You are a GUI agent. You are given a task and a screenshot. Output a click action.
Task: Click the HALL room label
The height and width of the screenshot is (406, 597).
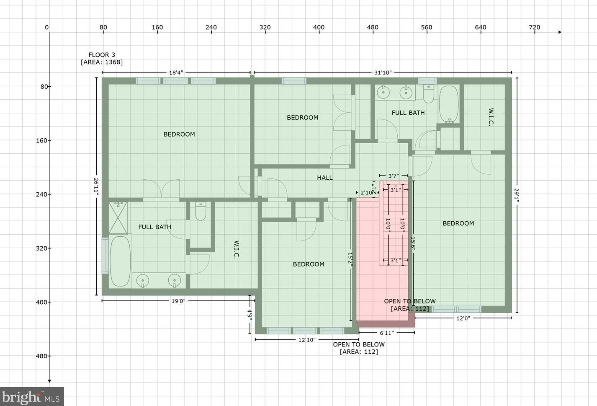324,178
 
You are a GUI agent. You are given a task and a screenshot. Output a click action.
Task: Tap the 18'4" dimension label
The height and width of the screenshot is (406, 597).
176,72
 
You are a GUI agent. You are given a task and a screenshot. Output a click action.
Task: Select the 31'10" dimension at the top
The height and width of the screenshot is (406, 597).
383,72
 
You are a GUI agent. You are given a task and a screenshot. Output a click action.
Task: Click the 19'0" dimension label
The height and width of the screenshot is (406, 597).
178,301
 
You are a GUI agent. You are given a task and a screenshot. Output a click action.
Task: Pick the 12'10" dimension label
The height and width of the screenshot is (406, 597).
307,340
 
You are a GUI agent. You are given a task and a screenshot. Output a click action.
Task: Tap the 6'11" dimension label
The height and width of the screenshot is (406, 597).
386,333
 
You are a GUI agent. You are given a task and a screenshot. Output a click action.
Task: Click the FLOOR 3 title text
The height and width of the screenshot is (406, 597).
102,55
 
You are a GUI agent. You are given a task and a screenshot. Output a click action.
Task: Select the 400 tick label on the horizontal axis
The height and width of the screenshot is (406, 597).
319,27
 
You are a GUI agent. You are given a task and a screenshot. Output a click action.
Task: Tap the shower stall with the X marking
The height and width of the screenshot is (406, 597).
118,218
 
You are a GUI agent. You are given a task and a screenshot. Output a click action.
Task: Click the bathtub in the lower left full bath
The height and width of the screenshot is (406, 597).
121,261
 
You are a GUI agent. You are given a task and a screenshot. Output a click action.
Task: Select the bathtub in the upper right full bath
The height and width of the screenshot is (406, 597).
449,104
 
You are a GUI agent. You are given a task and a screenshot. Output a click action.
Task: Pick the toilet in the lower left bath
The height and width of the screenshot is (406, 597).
201,211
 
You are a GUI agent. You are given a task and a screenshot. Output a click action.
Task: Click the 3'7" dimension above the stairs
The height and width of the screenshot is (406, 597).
394,176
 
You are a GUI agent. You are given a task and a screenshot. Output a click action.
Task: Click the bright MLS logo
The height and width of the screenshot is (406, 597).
32,397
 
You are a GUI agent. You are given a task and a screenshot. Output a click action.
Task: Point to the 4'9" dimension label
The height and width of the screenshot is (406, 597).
250,315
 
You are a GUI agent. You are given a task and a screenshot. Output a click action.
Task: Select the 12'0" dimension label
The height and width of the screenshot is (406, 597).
463,318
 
